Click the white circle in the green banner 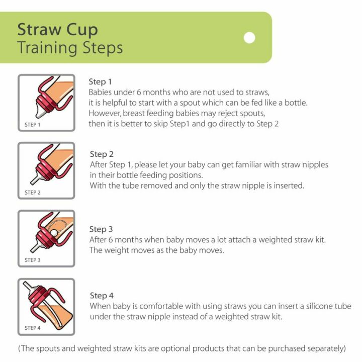pyautogui.click(x=249, y=38)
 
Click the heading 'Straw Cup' pyautogui.click(x=57, y=29)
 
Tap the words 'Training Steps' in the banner pyautogui.click(x=70, y=48)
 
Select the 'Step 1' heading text pyautogui.click(x=100, y=81)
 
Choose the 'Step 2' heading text pyautogui.click(x=101, y=154)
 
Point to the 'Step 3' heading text pyautogui.click(x=101, y=229)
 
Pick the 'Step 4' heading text pyautogui.click(x=101, y=295)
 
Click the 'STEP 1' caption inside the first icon pyautogui.click(x=33, y=124)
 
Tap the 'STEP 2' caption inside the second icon pyautogui.click(x=33, y=192)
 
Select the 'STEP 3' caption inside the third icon pyautogui.click(x=33, y=260)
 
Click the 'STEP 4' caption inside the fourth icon pyautogui.click(x=33, y=328)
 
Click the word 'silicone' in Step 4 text pyautogui.click(x=303, y=306)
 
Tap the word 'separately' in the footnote pyautogui.click(x=323, y=348)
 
